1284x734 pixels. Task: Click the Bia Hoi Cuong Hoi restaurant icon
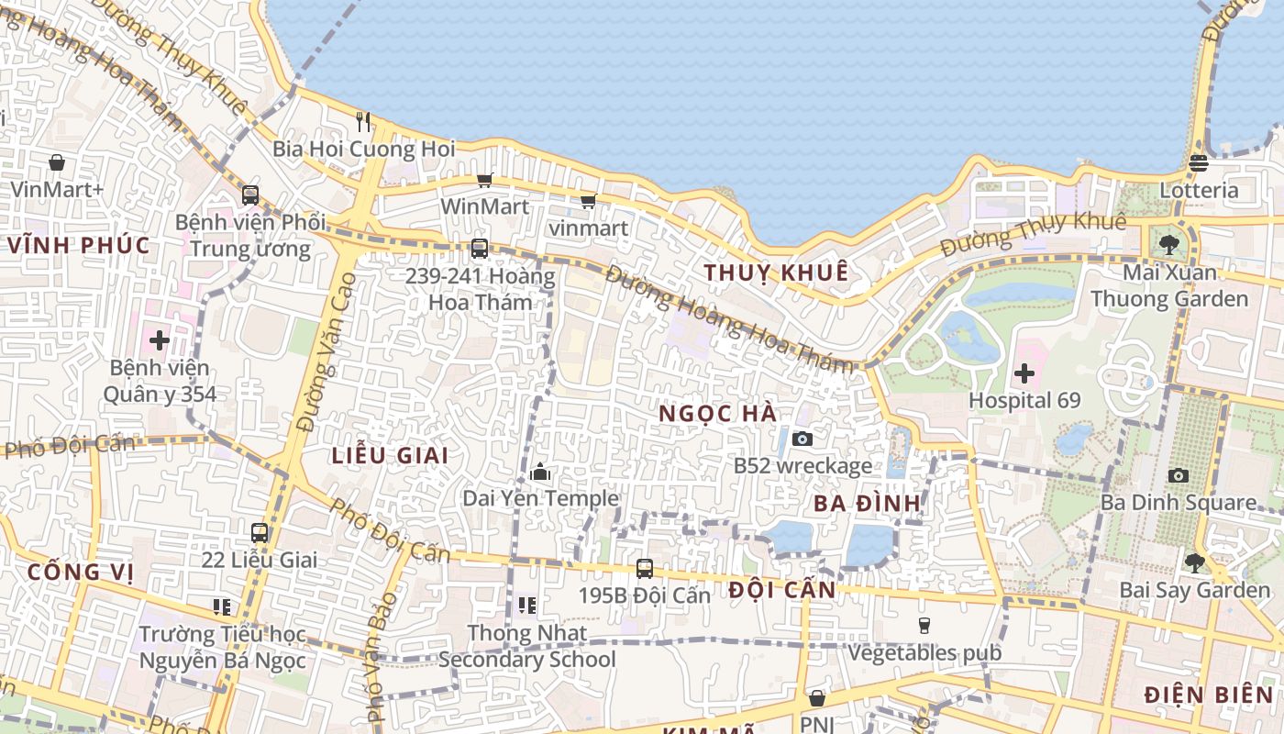(363, 122)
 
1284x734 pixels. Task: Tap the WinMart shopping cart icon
(484, 181)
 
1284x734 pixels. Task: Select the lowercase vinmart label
(588, 228)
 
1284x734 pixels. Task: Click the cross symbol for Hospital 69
(1024, 373)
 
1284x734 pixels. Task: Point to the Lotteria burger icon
(1198, 163)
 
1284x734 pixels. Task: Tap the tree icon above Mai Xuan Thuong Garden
(1168, 245)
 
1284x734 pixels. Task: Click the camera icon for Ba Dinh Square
(1179, 475)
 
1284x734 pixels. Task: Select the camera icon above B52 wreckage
(802, 439)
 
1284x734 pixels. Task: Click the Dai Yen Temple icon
(540, 473)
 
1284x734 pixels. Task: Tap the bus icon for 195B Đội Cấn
(645, 568)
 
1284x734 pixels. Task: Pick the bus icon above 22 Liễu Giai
(260, 532)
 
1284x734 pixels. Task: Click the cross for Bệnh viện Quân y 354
(160, 340)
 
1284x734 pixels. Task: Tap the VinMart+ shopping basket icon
(57, 162)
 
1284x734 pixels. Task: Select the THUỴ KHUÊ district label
(776, 272)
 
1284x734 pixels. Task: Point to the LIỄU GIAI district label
(390, 455)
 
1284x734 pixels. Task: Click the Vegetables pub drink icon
(924, 626)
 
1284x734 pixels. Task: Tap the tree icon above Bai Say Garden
(1194, 562)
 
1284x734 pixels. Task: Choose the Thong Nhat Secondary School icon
(526, 605)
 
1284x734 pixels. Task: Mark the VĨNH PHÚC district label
(79, 245)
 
